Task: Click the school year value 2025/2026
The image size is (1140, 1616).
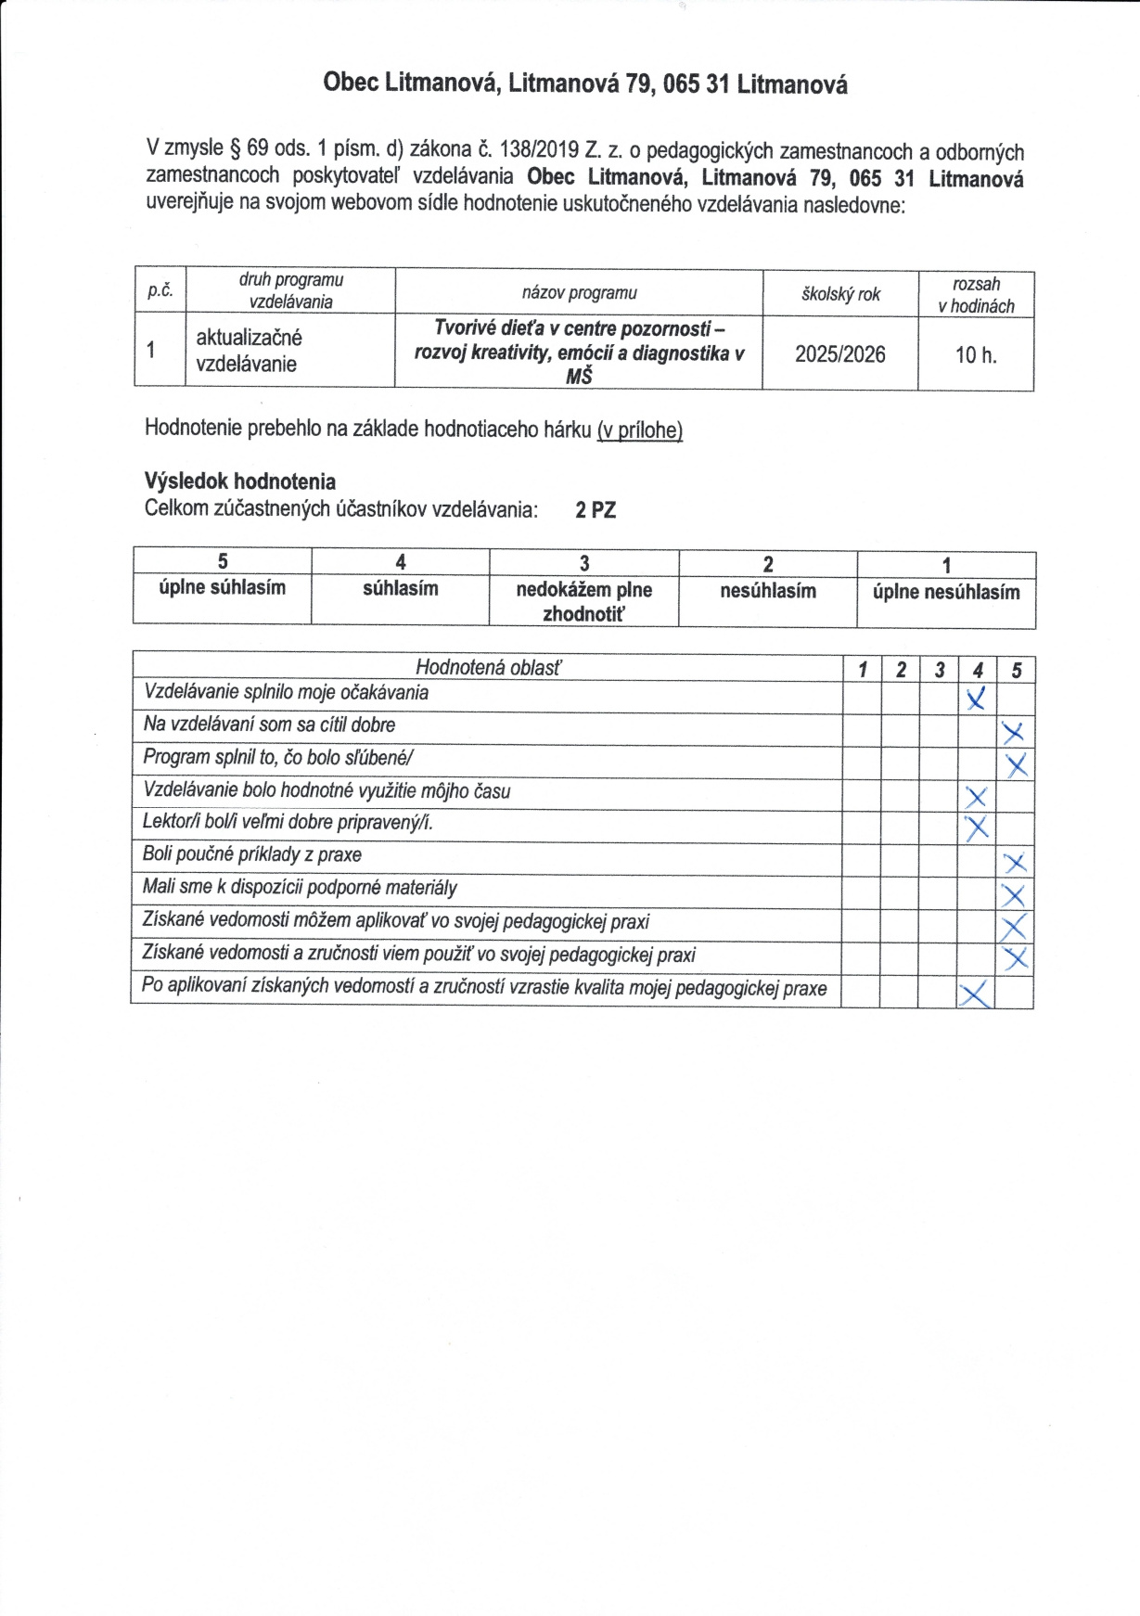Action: pos(839,354)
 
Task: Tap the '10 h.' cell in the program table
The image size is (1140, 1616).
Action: pos(976,355)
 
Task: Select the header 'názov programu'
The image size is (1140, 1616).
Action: pos(579,293)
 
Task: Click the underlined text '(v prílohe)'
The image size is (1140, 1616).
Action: pos(640,430)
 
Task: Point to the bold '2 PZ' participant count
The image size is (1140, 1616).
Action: pos(596,510)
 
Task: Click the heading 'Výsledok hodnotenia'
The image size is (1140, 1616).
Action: pos(239,481)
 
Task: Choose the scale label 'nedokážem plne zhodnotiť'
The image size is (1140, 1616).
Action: pos(583,601)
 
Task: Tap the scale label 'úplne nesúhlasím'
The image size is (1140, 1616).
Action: pos(945,592)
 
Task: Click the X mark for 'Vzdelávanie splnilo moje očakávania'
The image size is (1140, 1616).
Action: pos(975,699)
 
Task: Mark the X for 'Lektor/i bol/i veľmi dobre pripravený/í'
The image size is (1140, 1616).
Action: pos(976,827)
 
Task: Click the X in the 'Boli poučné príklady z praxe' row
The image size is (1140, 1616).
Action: pos(1015,864)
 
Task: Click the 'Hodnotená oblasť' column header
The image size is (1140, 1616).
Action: pos(488,667)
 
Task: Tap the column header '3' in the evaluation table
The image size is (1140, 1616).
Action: pos(939,670)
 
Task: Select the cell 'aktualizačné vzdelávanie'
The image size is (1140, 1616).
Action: pos(248,351)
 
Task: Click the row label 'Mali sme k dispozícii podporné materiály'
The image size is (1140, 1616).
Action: pos(300,888)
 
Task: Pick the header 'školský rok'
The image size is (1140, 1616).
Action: pos(840,294)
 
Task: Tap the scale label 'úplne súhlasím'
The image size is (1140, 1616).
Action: pos(222,588)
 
